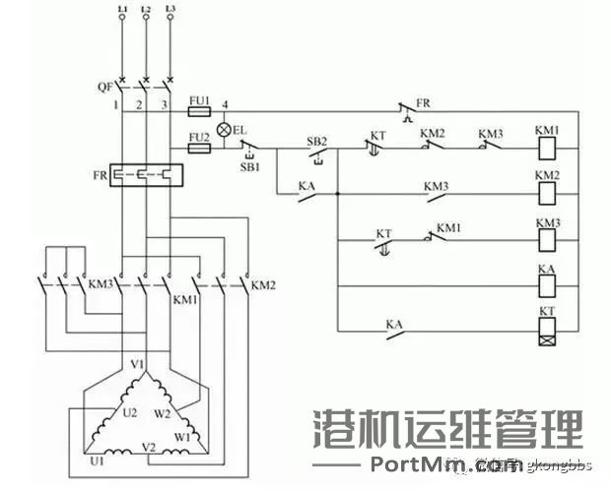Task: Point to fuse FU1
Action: tap(197, 113)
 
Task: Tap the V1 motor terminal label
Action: tap(139, 364)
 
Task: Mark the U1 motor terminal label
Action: tap(96, 460)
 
